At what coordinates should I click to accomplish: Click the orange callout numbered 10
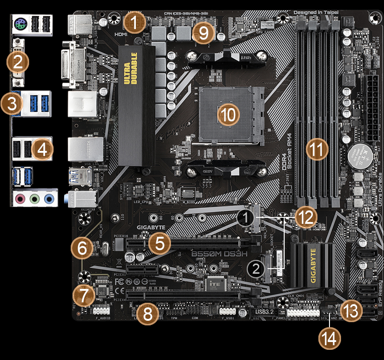point(228,115)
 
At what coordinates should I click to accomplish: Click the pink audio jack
point(19,199)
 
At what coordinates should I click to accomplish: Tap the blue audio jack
point(49,199)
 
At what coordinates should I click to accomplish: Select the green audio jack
point(34,199)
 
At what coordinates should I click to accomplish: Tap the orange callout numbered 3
point(12,104)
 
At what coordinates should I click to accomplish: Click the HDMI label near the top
point(121,34)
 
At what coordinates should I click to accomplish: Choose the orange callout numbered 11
point(317,149)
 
